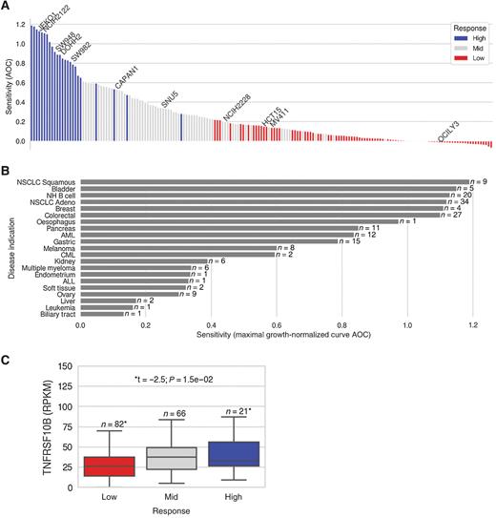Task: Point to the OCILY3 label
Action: (x=450, y=131)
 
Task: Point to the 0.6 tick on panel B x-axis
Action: (x=277, y=324)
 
